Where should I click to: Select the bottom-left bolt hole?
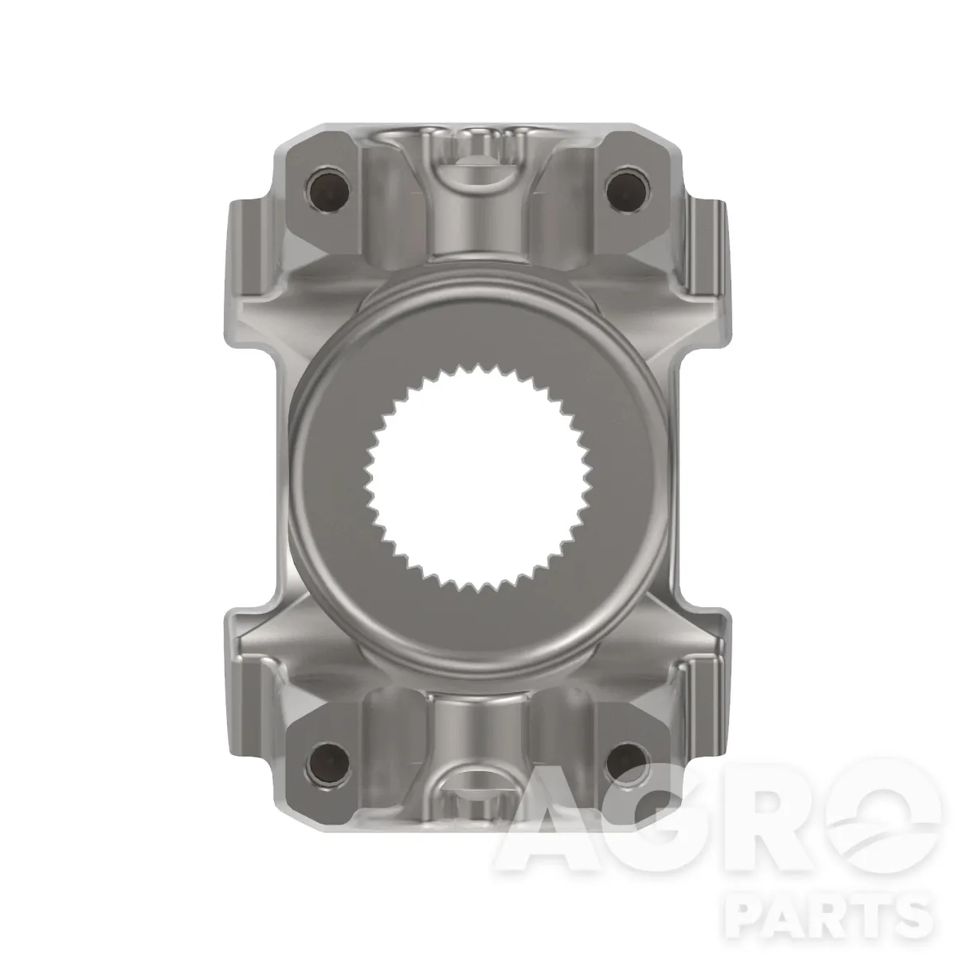[328, 762]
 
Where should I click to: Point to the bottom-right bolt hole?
[627, 762]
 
